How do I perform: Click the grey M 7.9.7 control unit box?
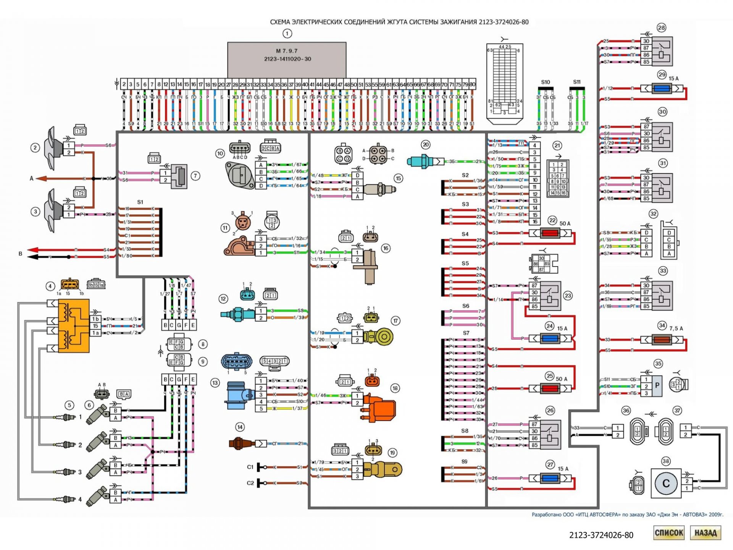[287, 59]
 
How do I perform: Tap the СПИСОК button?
[668, 533]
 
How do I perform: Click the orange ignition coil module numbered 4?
[74, 325]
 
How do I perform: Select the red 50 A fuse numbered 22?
[550, 233]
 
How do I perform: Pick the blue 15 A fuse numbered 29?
[662, 89]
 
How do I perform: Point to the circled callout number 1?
[287, 34]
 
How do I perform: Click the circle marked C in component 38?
[666, 483]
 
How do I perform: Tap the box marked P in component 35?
[657, 386]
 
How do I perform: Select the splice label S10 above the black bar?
[546, 82]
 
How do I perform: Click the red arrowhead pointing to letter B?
[33, 250]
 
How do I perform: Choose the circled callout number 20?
[426, 144]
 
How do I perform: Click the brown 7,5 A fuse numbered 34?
[662, 339]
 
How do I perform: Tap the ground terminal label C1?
[250, 467]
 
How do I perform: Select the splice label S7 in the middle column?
[466, 333]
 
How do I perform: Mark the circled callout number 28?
[661, 27]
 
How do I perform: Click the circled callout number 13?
[215, 383]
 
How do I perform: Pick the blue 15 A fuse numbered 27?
[550, 478]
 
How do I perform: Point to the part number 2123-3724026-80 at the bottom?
[601, 535]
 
